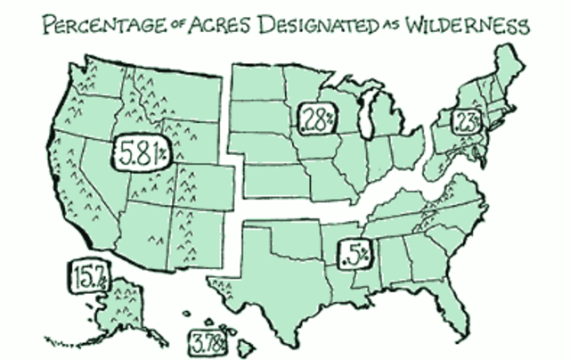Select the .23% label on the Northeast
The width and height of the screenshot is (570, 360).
click(x=467, y=121)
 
